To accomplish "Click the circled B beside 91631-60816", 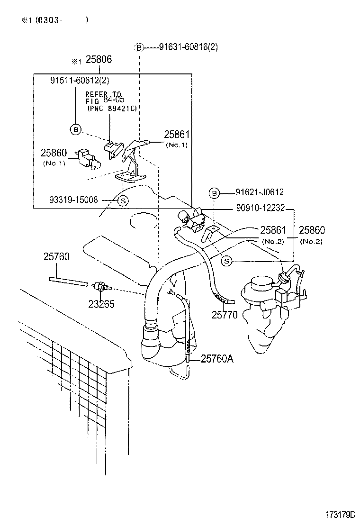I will pos(139,47).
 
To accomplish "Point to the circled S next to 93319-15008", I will pos(122,200).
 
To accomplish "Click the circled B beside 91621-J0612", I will pos(214,192).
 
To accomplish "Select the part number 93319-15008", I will pos(73,200).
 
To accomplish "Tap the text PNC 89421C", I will pos(112,109).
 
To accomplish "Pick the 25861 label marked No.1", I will pos(177,135).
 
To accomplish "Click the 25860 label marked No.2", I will pos(311,230).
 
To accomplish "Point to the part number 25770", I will pos(225,314).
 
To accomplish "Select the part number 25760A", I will pos(217,359).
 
